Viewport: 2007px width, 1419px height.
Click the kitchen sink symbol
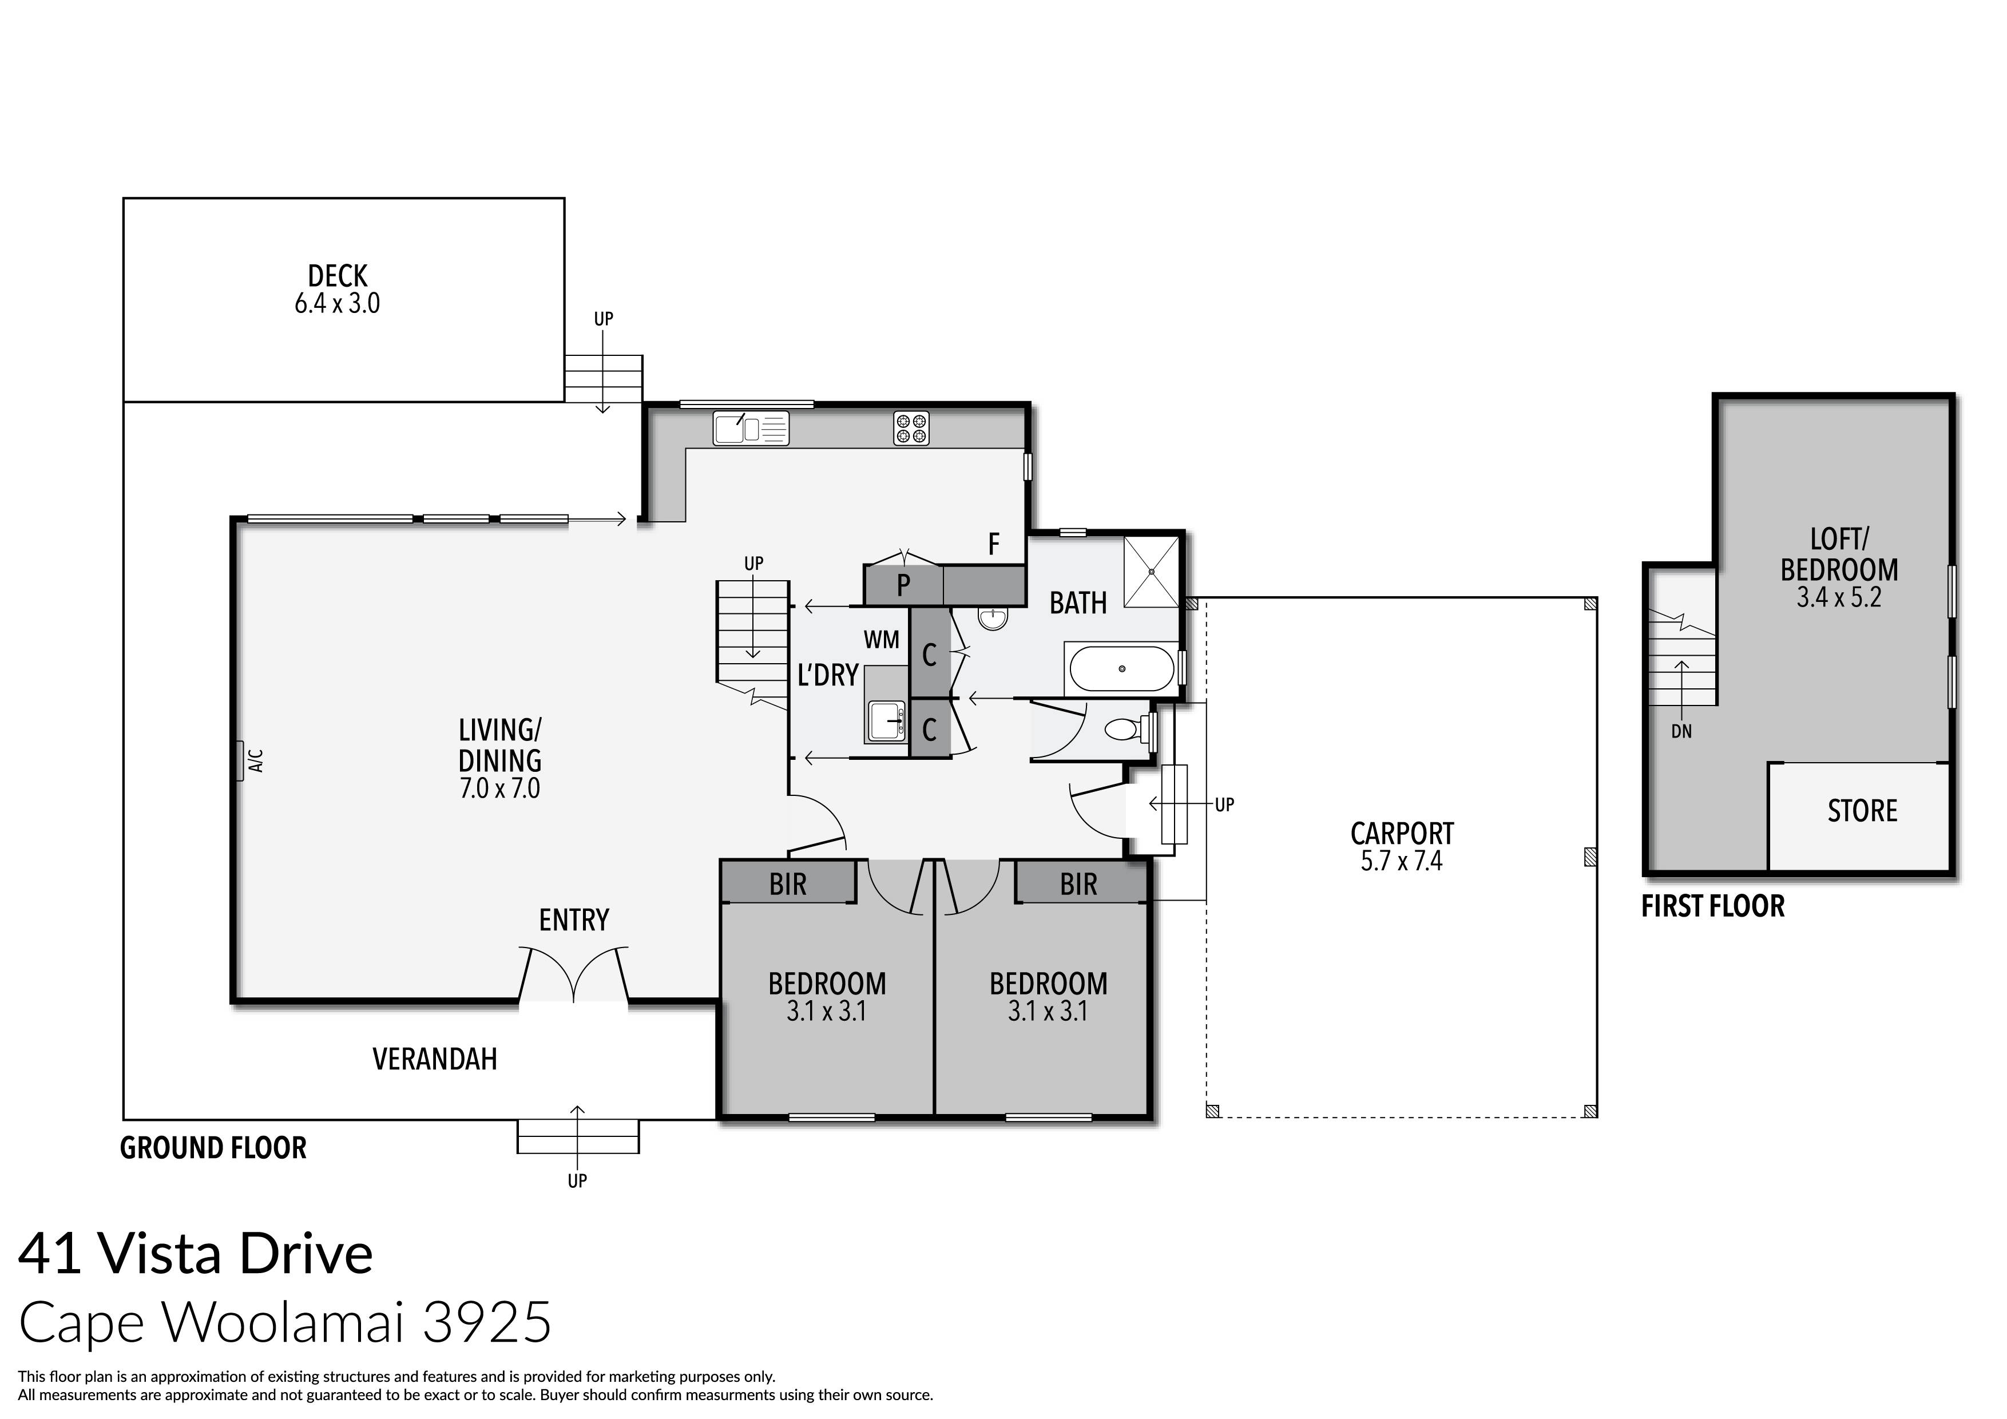tap(750, 429)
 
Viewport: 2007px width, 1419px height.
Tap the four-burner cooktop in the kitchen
tap(911, 429)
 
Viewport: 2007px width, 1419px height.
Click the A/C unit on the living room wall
tap(239, 760)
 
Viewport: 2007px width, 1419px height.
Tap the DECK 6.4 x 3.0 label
tap(338, 290)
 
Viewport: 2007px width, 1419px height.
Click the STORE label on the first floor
tap(1862, 811)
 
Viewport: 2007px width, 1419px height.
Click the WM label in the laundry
tap(881, 640)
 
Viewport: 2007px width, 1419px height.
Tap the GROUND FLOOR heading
tap(213, 1148)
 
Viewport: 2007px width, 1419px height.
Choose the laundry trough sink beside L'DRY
tap(886, 720)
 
